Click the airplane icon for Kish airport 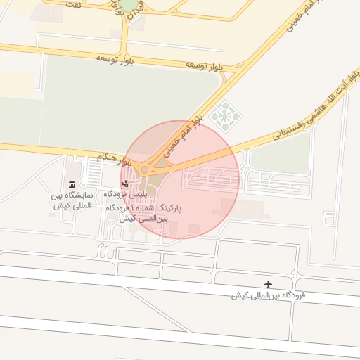click(268, 284)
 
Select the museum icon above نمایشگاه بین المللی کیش click(72, 185)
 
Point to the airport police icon click(125, 184)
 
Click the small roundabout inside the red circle click(145, 169)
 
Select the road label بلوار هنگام click(114, 157)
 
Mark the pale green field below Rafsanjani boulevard click(280, 154)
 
